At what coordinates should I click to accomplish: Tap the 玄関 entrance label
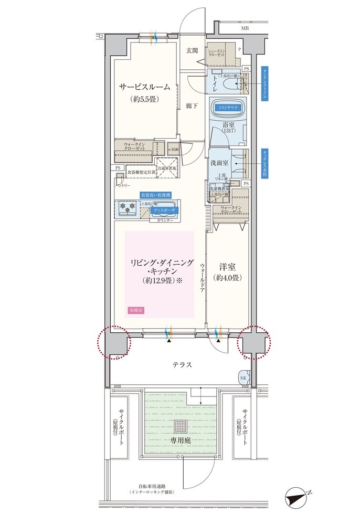tap(192, 51)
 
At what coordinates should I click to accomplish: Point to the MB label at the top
tap(245, 28)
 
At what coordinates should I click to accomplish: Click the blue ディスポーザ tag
tap(164, 210)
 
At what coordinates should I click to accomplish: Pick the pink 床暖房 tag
tap(135, 311)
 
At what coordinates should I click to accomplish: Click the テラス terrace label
tap(182, 364)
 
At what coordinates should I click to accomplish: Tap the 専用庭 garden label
tap(179, 441)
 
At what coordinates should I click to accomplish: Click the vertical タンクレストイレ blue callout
tap(265, 84)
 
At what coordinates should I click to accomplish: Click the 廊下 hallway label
tap(192, 106)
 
